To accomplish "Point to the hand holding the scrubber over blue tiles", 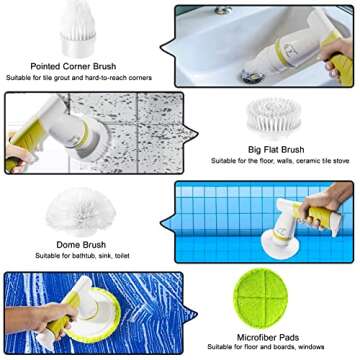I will (x=328, y=208).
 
